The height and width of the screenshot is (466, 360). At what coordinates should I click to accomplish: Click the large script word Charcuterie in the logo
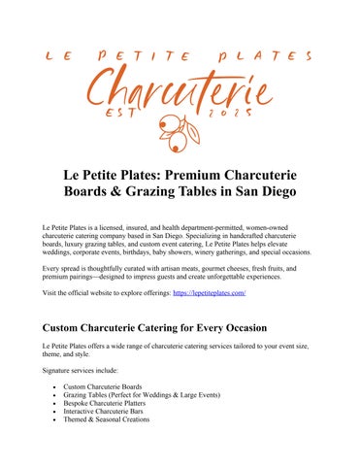tap(180, 94)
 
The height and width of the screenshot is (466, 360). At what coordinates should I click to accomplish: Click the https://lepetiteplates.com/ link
tap(210, 292)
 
